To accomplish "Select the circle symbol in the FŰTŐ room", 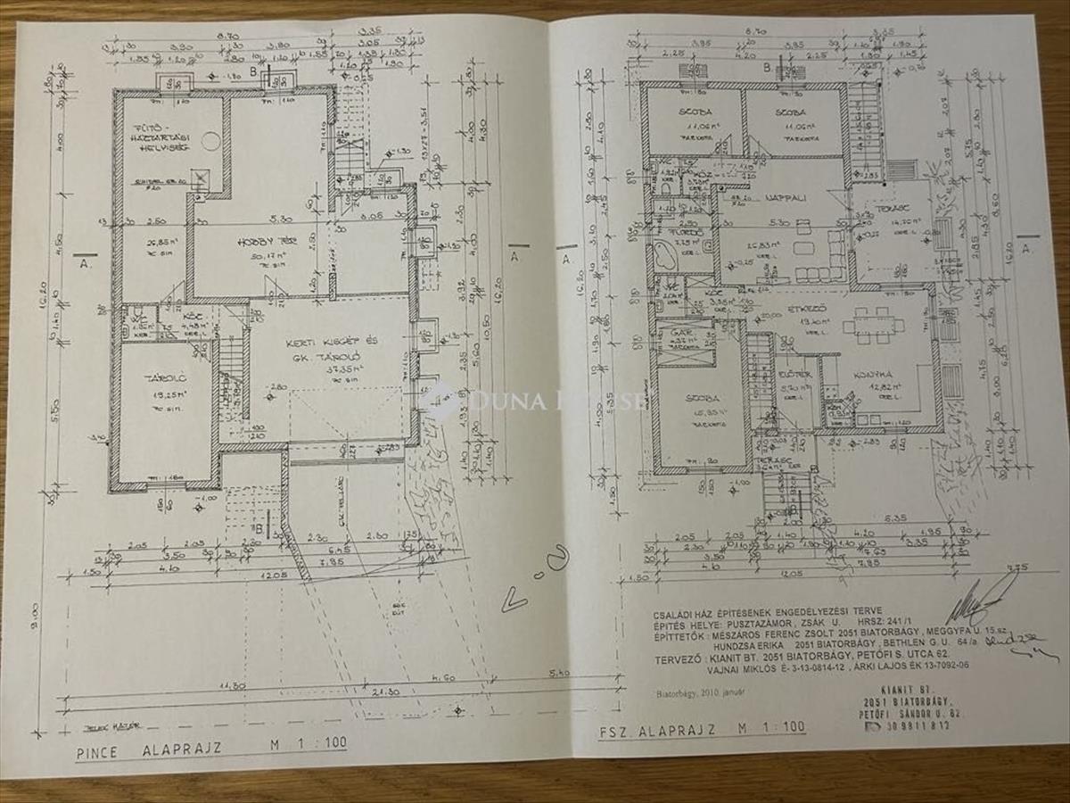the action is pyautogui.click(x=211, y=141).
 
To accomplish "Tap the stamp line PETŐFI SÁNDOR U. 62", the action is pyautogui.click(x=907, y=714).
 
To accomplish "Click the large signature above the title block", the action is pyautogui.click(x=976, y=607).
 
